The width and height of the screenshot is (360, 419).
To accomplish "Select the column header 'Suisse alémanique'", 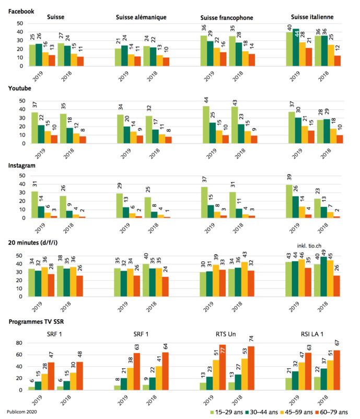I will [x=141, y=17].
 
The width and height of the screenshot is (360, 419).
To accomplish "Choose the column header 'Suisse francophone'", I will [x=227, y=17].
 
